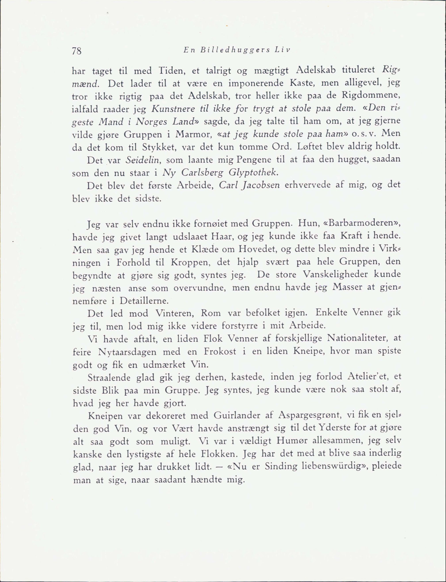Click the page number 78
coord(77,51)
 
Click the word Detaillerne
coord(144,301)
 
